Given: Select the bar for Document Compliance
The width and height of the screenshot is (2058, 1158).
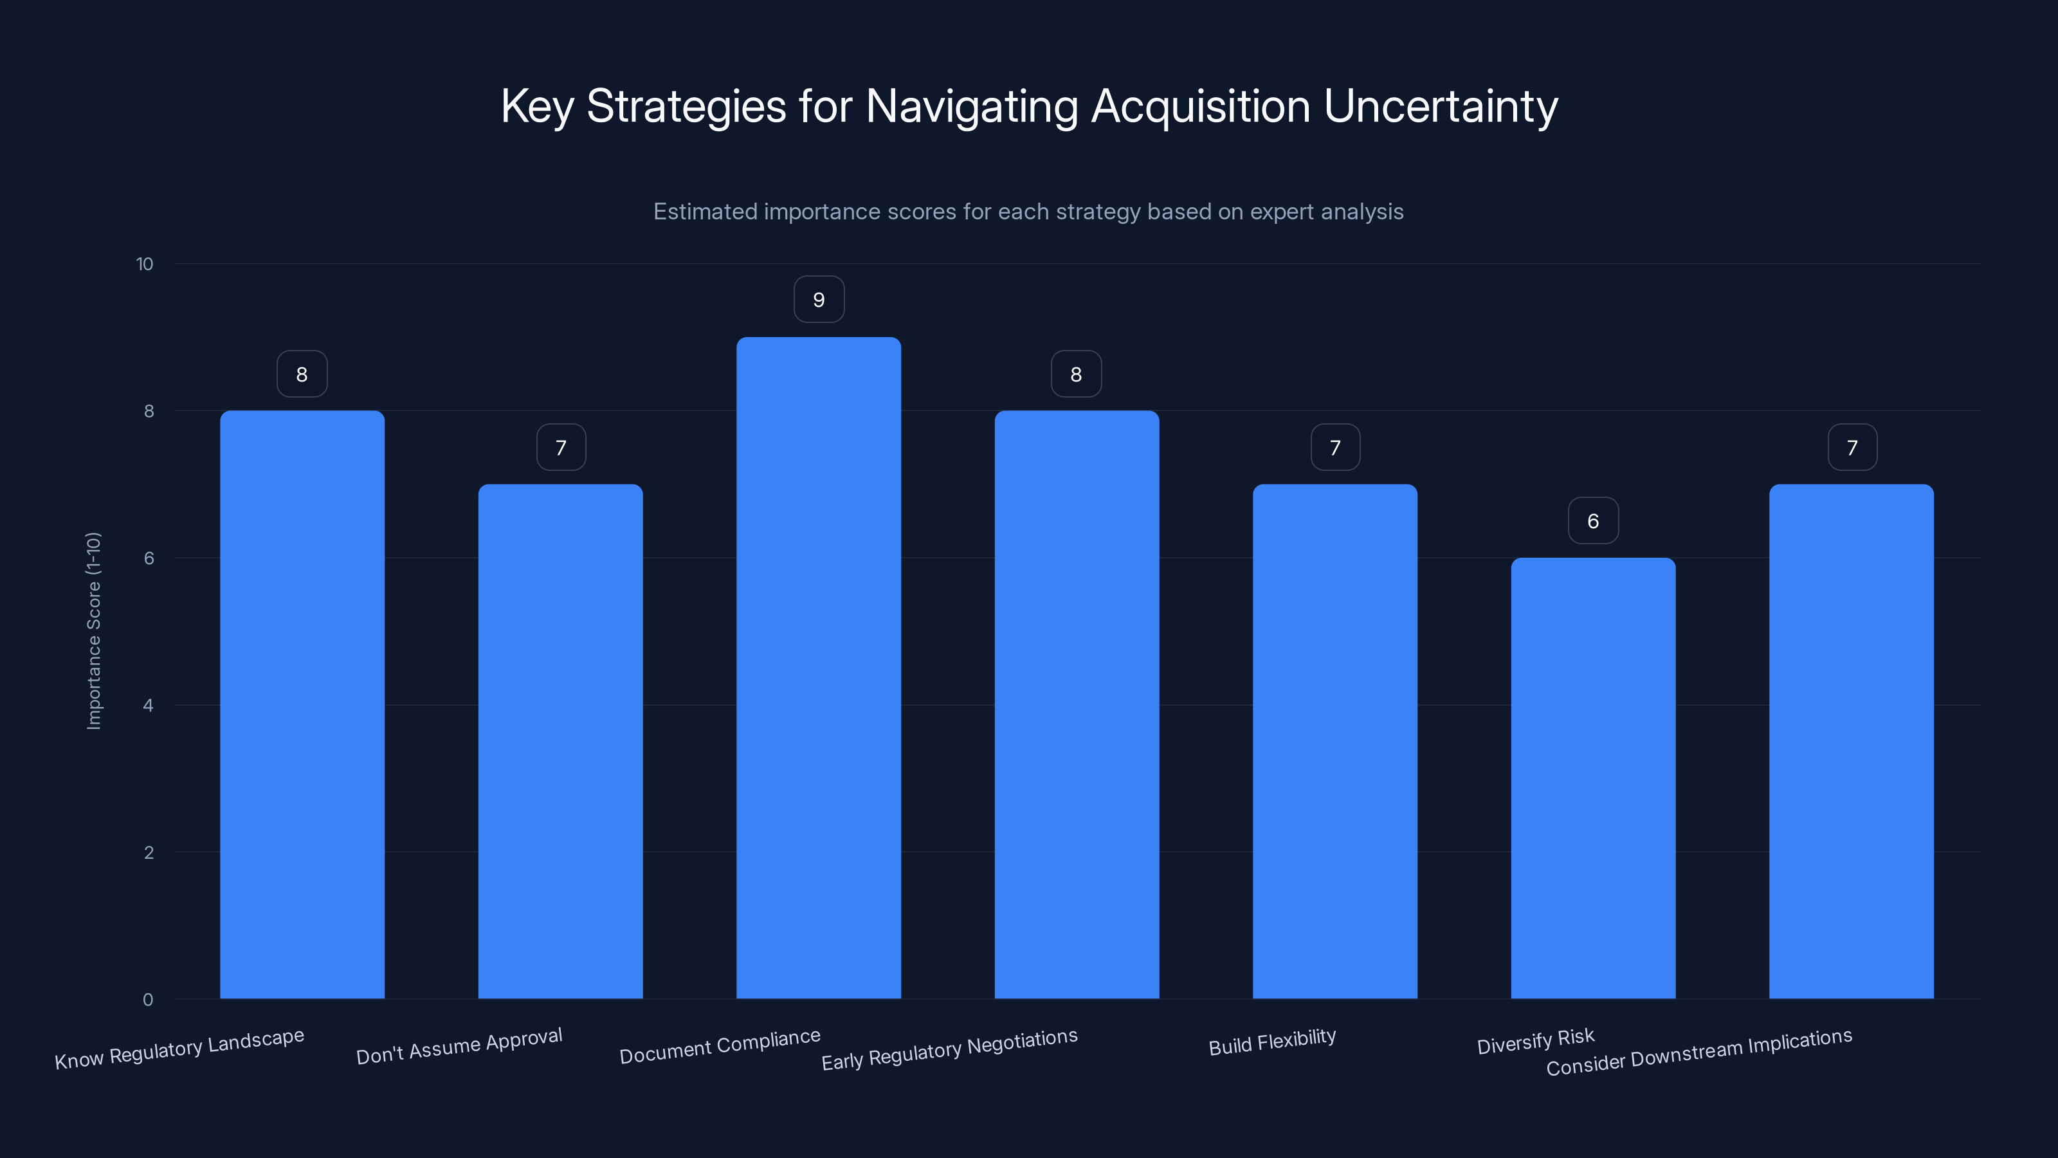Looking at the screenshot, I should tap(818, 667).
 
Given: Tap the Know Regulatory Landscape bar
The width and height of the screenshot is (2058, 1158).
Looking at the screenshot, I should tap(302, 704).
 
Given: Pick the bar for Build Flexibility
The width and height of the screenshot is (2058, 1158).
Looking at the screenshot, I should tap(1334, 741).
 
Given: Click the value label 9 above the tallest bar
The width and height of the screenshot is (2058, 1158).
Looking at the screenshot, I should tap(818, 300).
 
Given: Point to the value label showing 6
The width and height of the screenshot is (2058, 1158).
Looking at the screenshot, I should tap(1592, 521).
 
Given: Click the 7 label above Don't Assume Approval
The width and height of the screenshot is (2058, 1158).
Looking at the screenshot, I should tap(561, 448).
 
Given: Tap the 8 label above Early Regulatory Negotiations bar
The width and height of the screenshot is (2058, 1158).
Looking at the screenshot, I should tap(1075, 374).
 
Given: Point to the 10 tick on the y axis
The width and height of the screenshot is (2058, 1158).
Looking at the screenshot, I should tap(145, 264).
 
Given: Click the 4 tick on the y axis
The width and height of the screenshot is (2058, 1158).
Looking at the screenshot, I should tap(148, 705).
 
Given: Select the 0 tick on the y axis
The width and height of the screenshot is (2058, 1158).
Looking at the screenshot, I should tap(148, 999).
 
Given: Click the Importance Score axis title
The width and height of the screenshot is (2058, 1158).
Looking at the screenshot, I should tap(93, 630).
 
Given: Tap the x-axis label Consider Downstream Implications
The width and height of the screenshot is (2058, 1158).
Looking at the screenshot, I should tap(1698, 1052).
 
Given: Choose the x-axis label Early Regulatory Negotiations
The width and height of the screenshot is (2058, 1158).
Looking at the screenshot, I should tap(949, 1049).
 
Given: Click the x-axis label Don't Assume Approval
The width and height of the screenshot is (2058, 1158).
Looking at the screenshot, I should tap(459, 1046).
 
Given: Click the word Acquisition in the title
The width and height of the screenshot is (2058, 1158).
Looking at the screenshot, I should tap(1200, 106).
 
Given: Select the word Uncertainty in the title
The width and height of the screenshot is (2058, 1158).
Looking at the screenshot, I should tap(1441, 106).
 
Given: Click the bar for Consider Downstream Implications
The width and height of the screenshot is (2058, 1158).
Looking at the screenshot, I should tap(1851, 741).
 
